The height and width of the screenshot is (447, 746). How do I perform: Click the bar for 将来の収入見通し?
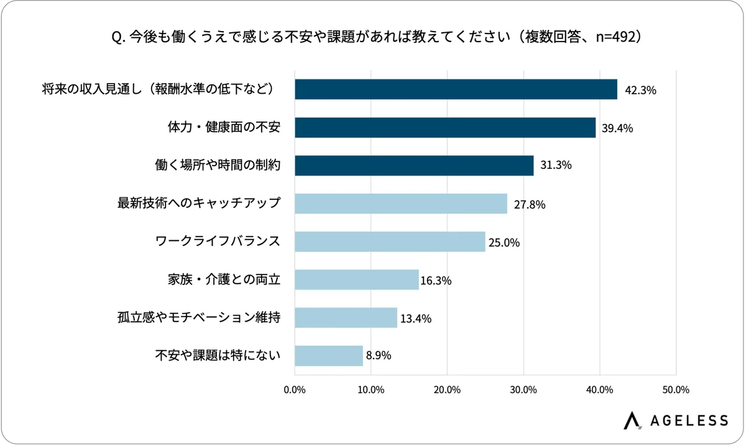point(456,89)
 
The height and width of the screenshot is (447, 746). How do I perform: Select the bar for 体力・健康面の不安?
point(445,128)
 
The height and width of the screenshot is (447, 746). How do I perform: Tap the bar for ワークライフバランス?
point(390,242)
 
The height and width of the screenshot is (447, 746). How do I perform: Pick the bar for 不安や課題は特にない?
point(328,356)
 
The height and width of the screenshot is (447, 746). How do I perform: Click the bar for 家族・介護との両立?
point(356,280)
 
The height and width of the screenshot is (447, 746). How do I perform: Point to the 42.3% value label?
point(640,91)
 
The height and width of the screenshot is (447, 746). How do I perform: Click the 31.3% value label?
point(556,166)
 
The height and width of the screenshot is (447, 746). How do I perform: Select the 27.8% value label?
point(530,204)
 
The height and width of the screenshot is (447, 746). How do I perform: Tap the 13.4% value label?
point(416,318)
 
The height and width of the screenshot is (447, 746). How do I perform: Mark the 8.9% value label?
point(379,356)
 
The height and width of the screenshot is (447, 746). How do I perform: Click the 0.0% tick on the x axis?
point(294,390)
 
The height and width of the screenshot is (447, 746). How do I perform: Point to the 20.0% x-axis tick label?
point(447,390)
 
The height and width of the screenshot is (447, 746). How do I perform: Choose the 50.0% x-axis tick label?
point(676,390)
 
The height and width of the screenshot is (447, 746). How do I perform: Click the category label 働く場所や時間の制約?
point(218,166)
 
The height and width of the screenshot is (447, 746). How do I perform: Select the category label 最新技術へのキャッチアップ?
point(199,204)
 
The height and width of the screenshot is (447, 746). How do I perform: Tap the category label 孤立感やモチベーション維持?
point(199,318)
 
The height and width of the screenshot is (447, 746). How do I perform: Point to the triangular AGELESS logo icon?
point(632,420)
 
